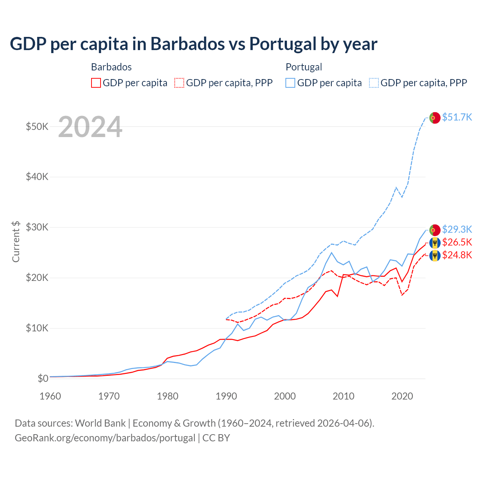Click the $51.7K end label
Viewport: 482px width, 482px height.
click(x=457, y=117)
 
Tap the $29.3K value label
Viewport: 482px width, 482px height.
click(x=457, y=229)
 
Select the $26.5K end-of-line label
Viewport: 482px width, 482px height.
click(x=457, y=242)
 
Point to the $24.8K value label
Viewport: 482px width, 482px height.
click(x=457, y=255)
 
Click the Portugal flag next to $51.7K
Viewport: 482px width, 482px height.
click(x=435, y=118)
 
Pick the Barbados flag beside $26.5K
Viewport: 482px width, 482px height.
click(x=435, y=243)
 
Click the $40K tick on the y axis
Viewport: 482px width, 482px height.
click(x=37, y=177)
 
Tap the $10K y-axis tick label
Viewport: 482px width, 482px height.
click(x=37, y=328)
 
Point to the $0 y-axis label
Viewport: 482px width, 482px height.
click(x=43, y=378)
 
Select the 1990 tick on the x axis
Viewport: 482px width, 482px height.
click(x=226, y=396)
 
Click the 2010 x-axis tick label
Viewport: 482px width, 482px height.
click(x=343, y=396)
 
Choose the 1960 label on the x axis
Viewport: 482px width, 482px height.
click(x=50, y=396)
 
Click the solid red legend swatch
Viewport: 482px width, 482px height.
click(x=96, y=83)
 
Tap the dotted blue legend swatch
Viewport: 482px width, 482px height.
click(x=374, y=83)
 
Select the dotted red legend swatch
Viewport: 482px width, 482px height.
click(x=180, y=83)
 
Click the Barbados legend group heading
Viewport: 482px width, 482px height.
click(x=111, y=67)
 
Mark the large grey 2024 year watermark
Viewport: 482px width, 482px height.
click(x=90, y=127)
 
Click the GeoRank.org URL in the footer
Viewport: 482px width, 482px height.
click(x=105, y=438)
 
